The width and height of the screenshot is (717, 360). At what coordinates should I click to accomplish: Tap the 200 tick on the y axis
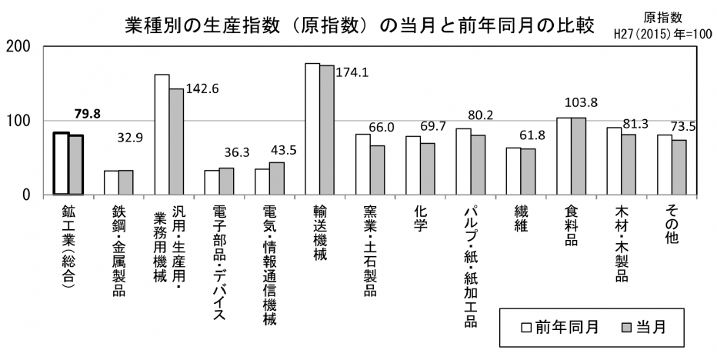[x=18, y=46]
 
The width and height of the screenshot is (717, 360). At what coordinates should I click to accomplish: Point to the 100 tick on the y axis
[x=18, y=121]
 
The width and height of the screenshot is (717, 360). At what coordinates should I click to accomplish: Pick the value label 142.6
[x=202, y=88]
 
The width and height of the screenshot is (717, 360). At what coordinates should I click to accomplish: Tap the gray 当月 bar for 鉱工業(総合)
[x=76, y=165]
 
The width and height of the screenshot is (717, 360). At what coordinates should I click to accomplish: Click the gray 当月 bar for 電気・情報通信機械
[x=277, y=178]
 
